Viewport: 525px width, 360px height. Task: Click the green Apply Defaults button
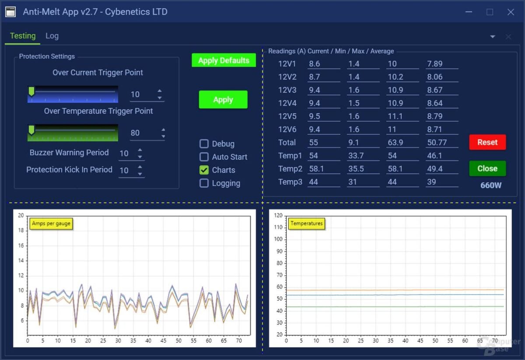point(224,60)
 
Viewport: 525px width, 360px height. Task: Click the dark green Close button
point(487,168)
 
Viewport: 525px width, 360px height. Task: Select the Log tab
point(52,36)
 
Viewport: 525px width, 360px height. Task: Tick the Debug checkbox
point(204,144)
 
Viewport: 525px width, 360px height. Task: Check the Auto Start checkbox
point(204,157)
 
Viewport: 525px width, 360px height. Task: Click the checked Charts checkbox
point(204,170)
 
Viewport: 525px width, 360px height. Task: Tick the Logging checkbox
point(204,183)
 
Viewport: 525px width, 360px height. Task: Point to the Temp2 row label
point(290,169)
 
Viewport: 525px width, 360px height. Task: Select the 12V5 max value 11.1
point(395,116)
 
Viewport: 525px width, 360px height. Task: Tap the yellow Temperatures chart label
point(306,224)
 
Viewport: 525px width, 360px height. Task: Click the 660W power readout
point(491,185)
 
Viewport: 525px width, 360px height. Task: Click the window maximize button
point(490,12)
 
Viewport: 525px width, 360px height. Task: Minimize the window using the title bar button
point(469,12)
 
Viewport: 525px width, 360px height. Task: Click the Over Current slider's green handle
point(31,91)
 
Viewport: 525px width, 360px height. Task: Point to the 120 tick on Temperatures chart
point(278,216)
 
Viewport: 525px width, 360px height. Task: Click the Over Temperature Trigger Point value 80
point(135,133)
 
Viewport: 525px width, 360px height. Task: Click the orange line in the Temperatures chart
point(394,290)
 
